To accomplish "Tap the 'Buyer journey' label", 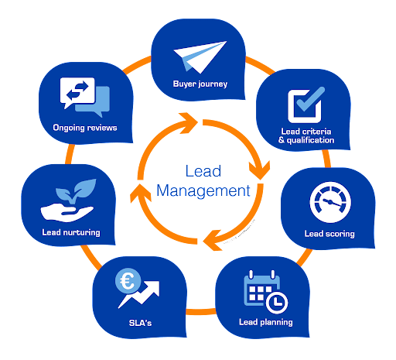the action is tap(200, 84).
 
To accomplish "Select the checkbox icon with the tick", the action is tap(306, 105).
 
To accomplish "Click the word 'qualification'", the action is tap(310, 140).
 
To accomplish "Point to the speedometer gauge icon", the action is tap(330, 202).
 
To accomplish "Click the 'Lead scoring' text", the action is tap(329, 234).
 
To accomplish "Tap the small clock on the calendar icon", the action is tap(277, 303).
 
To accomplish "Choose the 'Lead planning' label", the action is tap(266, 322).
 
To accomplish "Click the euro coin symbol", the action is tap(128, 281).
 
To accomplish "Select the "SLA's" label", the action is tap(140, 323).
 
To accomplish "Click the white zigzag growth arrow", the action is tap(139, 294).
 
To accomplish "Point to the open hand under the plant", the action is tap(67, 213).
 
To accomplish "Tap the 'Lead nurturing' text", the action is tap(71, 232).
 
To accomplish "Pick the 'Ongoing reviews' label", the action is tap(85, 128).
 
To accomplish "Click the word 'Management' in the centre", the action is tap(203, 191).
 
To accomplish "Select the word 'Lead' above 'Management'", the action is tap(203, 171).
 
